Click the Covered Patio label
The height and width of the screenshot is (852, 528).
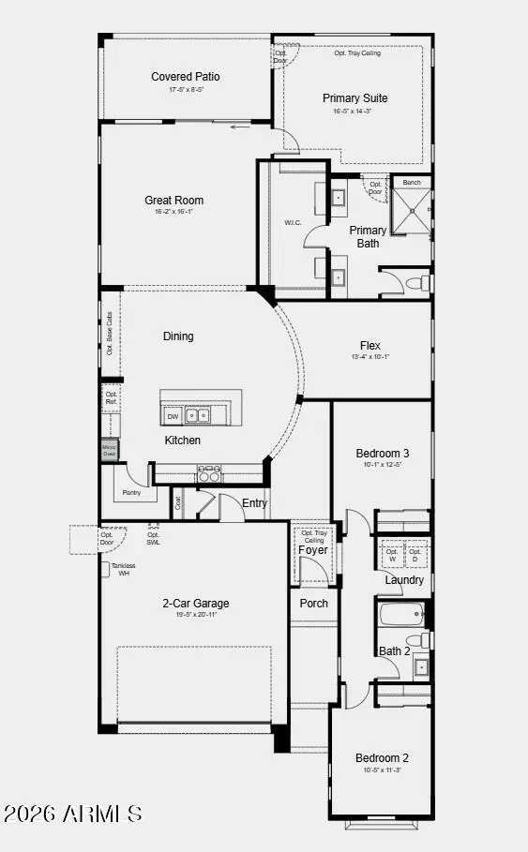click(186, 77)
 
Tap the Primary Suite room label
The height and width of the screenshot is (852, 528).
click(355, 97)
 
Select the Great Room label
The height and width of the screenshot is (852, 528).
click(173, 200)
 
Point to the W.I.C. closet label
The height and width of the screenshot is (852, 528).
click(292, 222)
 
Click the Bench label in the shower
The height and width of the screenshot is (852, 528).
click(411, 182)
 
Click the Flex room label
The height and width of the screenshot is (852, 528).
click(370, 345)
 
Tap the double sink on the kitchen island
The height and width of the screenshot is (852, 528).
click(197, 414)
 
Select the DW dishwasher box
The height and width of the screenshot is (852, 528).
click(173, 415)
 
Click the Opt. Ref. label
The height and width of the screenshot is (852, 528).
click(112, 398)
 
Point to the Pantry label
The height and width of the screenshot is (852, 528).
click(131, 492)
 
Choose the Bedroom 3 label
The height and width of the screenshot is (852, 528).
click(382, 453)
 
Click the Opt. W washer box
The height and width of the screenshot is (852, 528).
click(391, 555)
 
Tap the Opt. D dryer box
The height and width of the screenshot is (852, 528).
click(415, 555)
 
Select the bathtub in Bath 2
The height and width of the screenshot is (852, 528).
click(402, 616)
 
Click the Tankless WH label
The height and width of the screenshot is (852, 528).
click(121, 569)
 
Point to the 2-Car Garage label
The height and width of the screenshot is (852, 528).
click(196, 603)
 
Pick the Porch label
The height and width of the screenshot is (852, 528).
click(314, 603)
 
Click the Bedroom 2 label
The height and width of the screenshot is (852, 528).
click(382, 757)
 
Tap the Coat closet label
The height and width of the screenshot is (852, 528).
click(178, 502)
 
